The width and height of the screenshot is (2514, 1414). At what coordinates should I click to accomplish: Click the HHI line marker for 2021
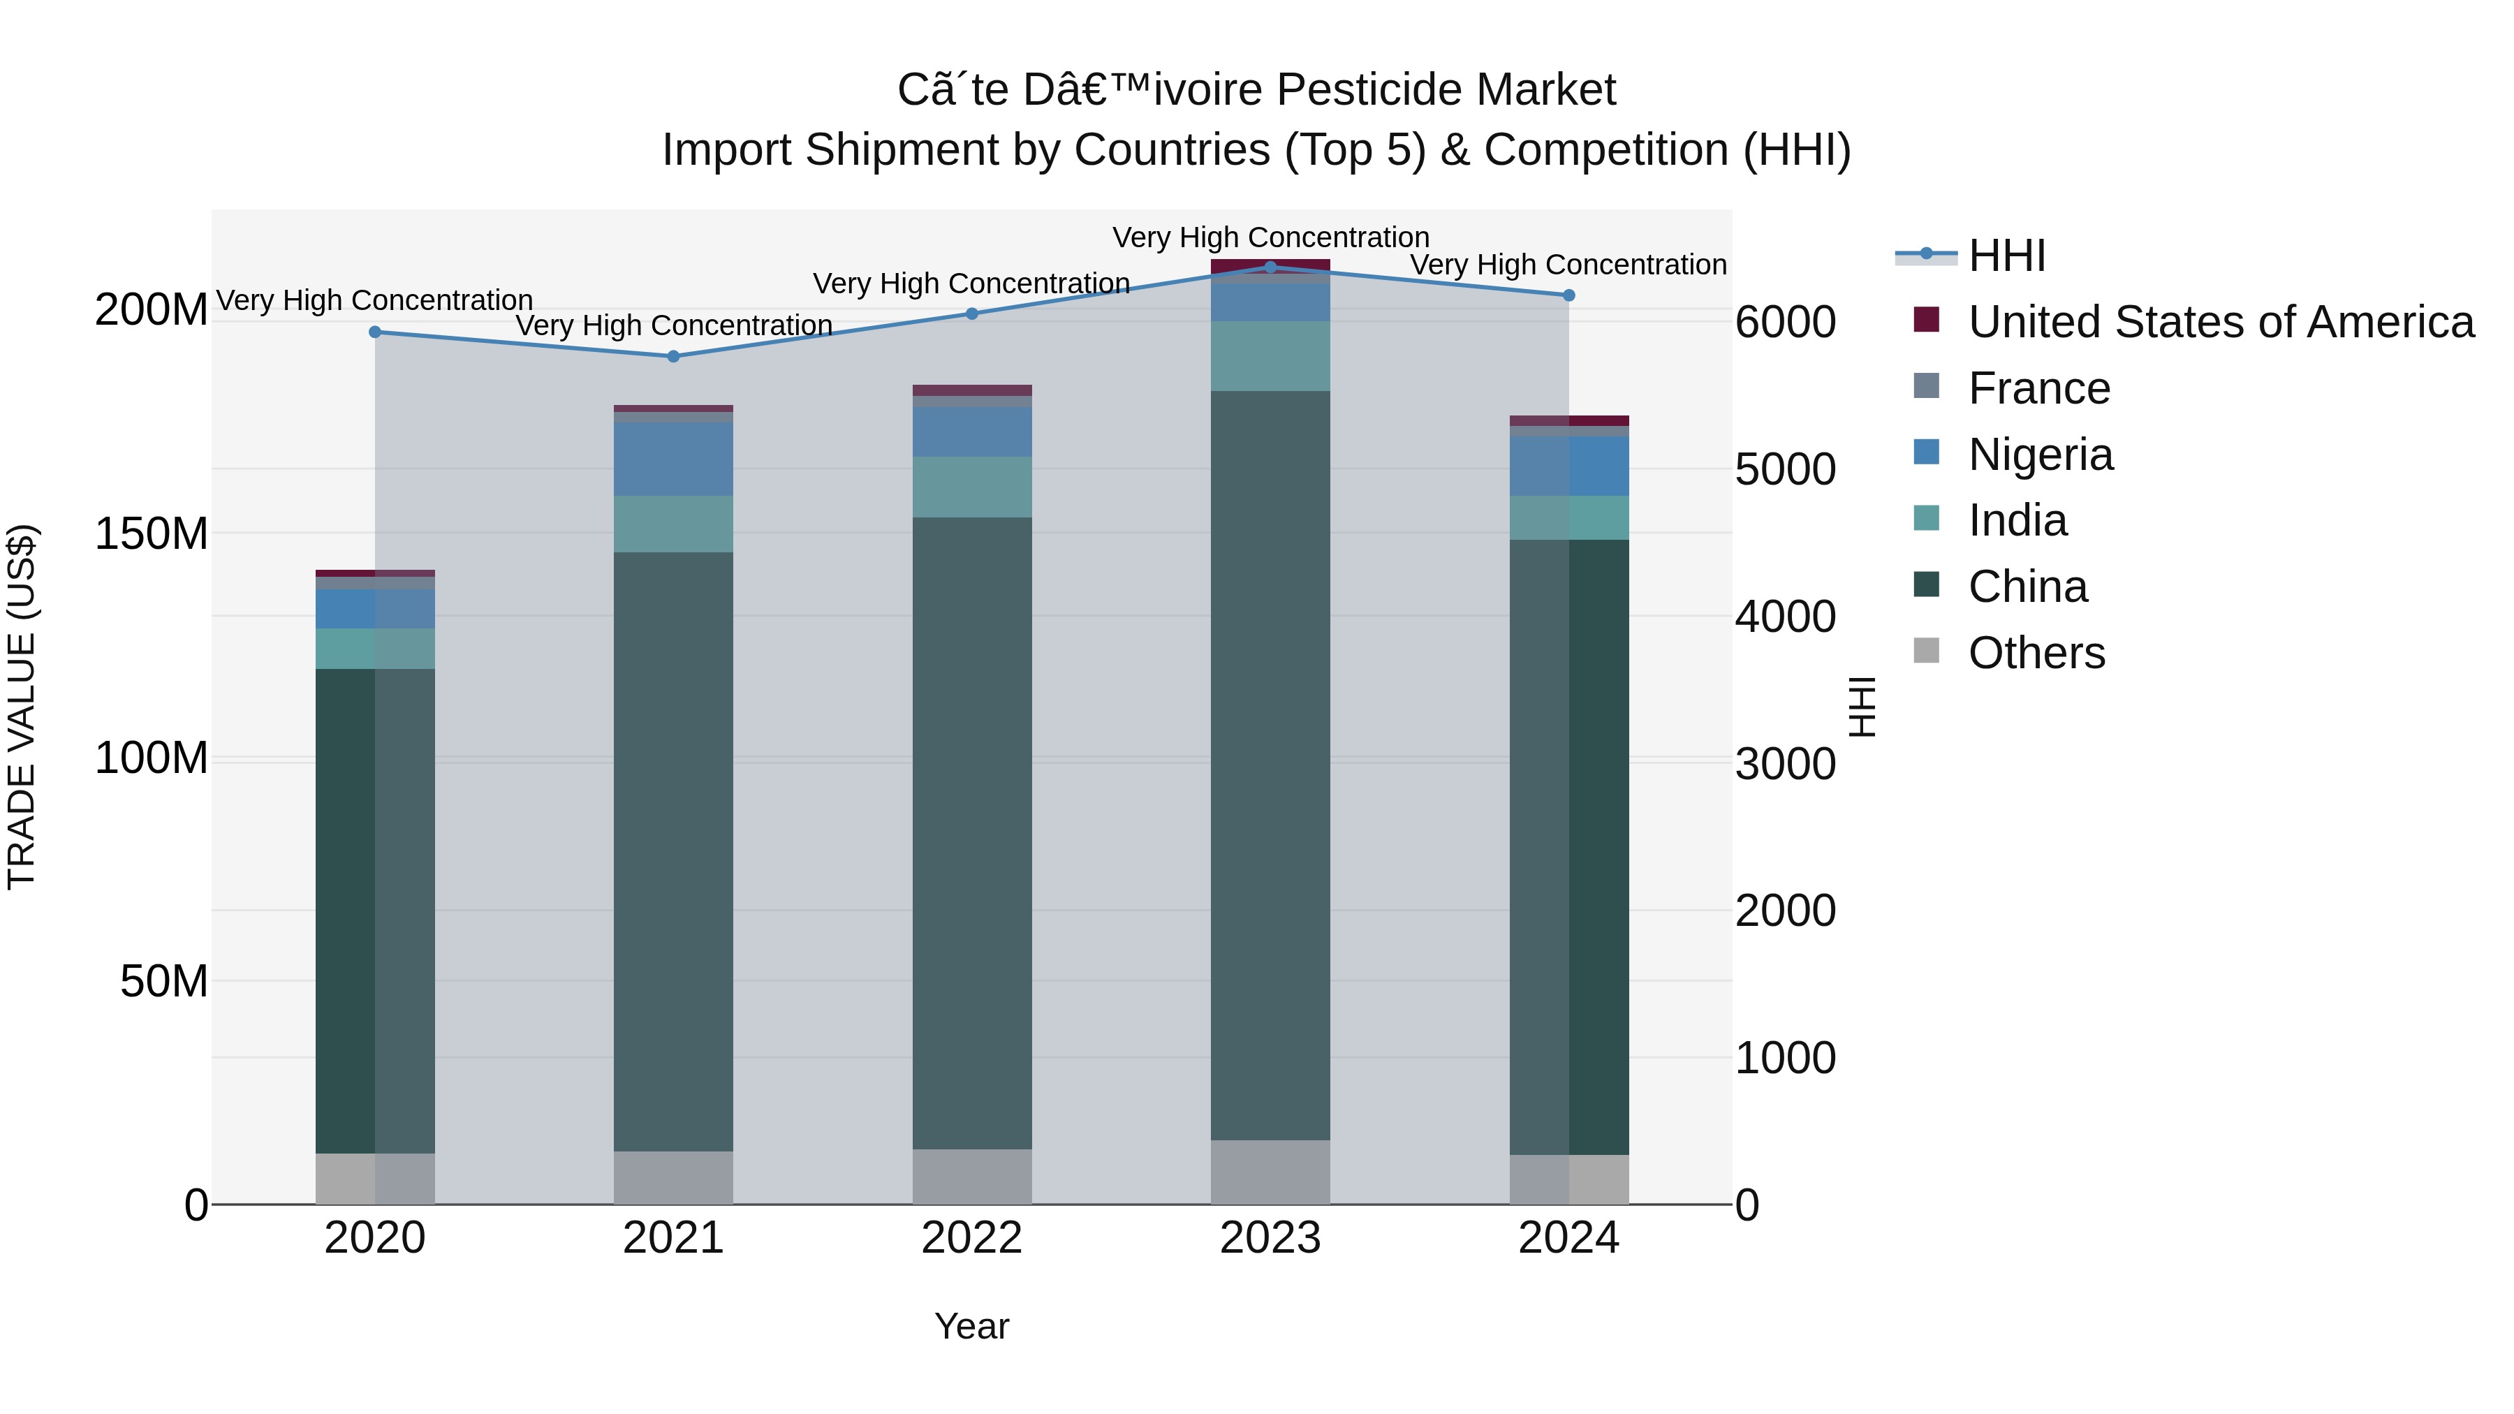click(672, 356)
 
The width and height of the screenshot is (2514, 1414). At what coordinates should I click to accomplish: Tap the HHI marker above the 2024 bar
click(1568, 295)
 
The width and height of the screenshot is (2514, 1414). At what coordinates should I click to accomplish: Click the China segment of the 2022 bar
click(971, 830)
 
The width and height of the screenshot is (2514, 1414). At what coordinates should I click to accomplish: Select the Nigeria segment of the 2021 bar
click(672, 459)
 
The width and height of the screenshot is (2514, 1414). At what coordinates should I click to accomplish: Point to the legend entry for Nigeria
click(2040, 455)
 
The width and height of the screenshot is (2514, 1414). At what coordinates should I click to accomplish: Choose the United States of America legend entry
click(2220, 322)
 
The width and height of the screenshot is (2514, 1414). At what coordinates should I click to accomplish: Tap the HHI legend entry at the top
click(2006, 256)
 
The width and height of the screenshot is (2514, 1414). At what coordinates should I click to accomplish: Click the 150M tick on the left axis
click(152, 533)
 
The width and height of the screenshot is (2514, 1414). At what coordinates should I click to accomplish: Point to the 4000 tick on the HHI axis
click(1785, 617)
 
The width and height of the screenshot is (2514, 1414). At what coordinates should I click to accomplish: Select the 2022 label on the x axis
click(971, 1238)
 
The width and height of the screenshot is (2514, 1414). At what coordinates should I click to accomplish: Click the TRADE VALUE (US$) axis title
click(22, 707)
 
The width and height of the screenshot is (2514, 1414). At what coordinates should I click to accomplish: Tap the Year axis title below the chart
click(971, 1326)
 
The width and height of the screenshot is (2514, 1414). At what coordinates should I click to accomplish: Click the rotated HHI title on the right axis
click(1861, 707)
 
